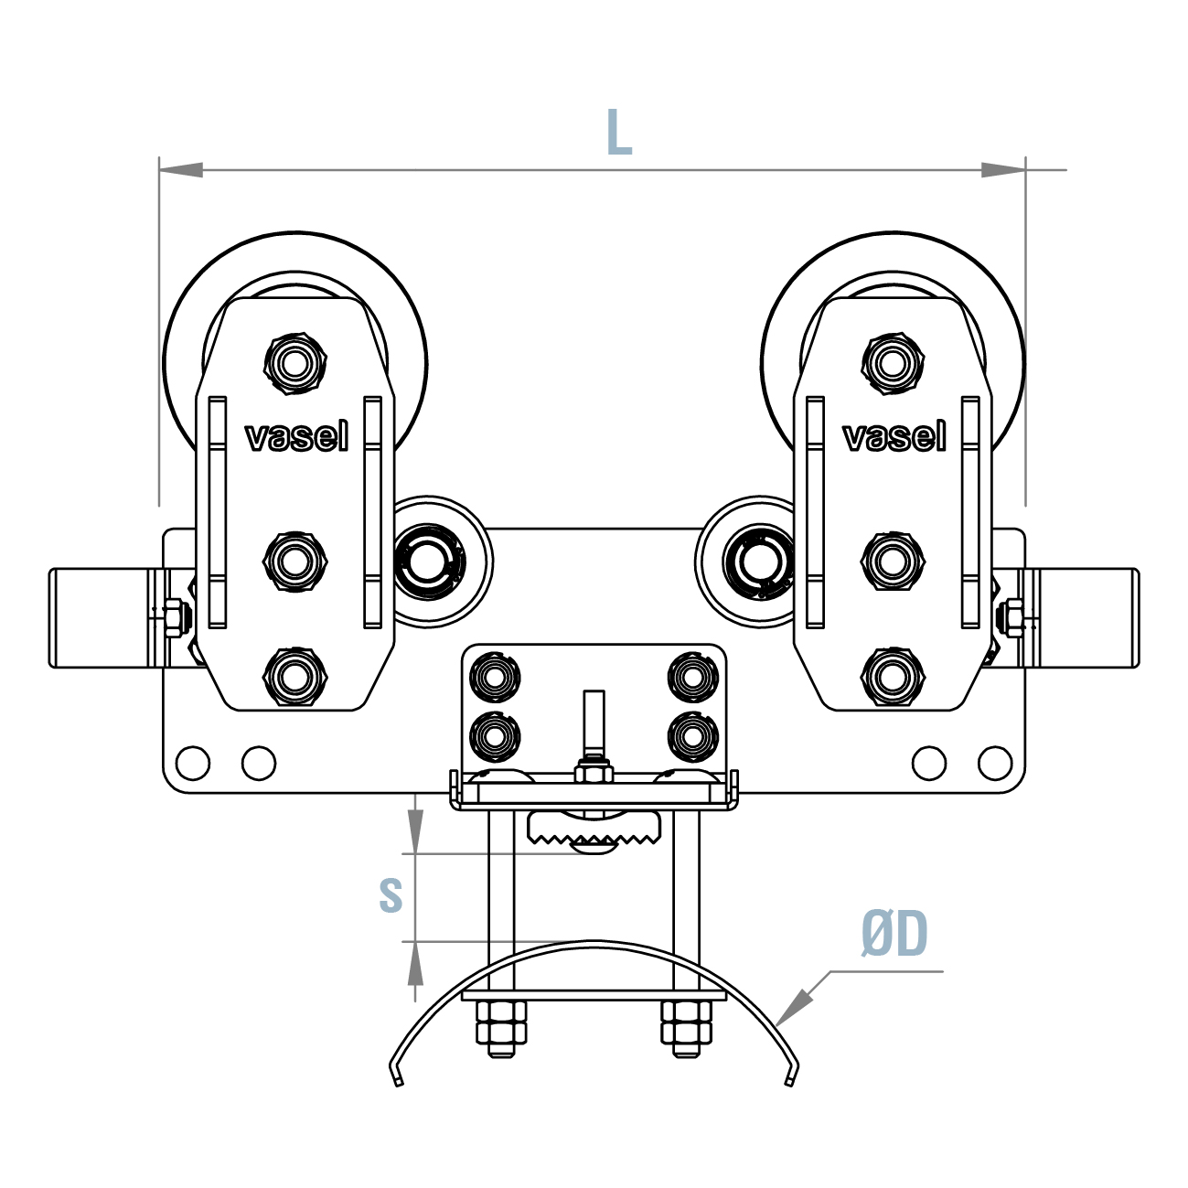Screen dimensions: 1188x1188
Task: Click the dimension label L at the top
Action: (619, 133)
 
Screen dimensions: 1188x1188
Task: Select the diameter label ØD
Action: (894, 934)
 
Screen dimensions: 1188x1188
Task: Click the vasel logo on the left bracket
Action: (296, 437)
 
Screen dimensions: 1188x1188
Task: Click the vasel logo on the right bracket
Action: (894, 437)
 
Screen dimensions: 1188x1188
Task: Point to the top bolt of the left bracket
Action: (294, 364)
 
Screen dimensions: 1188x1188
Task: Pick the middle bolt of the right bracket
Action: (892, 560)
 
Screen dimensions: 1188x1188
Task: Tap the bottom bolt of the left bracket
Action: (294, 677)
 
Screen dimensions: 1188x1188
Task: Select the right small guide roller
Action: (757, 561)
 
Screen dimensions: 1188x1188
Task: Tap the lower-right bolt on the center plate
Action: (693, 734)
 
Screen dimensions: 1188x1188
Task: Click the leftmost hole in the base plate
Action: (193, 762)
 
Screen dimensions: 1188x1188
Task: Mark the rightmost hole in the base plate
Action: (995, 762)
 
